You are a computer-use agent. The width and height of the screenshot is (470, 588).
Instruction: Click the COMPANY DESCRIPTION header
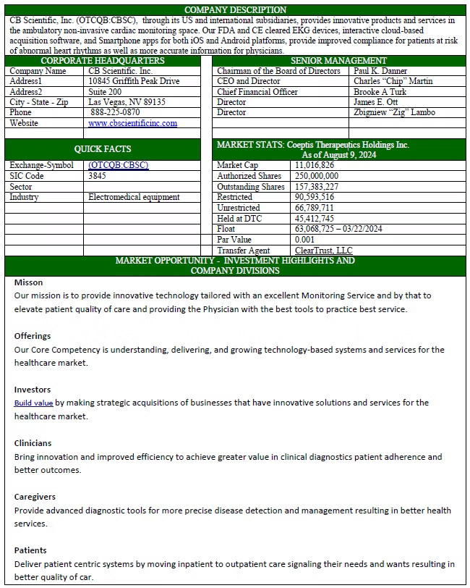(x=235, y=9)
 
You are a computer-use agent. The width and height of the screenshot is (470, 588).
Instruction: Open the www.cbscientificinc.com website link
(x=132, y=123)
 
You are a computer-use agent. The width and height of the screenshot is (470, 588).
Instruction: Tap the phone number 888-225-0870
(x=115, y=113)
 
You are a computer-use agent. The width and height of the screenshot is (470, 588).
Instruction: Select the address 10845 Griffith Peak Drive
(x=134, y=82)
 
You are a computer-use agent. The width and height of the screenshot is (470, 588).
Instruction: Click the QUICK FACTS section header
(x=103, y=149)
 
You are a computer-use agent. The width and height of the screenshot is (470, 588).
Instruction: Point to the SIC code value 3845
(x=96, y=176)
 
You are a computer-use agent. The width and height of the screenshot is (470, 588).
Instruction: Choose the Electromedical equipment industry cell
(x=134, y=197)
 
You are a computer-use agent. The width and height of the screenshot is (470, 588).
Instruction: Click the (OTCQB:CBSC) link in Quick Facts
(x=118, y=165)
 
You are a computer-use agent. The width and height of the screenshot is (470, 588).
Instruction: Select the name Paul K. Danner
(x=380, y=71)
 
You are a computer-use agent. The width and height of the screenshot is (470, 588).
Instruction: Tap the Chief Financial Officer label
(x=257, y=92)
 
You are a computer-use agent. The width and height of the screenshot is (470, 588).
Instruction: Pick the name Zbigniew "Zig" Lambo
(x=394, y=113)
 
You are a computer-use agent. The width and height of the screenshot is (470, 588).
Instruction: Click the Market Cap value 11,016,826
(x=315, y=166)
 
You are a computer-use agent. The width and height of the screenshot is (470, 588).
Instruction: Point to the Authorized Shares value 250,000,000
(x=317, y=176)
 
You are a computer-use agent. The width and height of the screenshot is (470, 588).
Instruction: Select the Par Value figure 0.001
(x=305, y=239)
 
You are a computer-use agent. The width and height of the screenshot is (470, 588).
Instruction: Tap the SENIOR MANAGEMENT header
(x=338, y=61)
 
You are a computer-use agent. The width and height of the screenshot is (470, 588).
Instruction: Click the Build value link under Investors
(x=33, y=403)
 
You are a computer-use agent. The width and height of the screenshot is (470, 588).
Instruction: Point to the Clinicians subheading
(x=34, y=442)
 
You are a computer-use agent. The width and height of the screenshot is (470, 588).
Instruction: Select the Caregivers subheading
(x=35, y=497)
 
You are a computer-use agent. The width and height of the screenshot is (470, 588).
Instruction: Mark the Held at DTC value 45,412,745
(x=315, y=218)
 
